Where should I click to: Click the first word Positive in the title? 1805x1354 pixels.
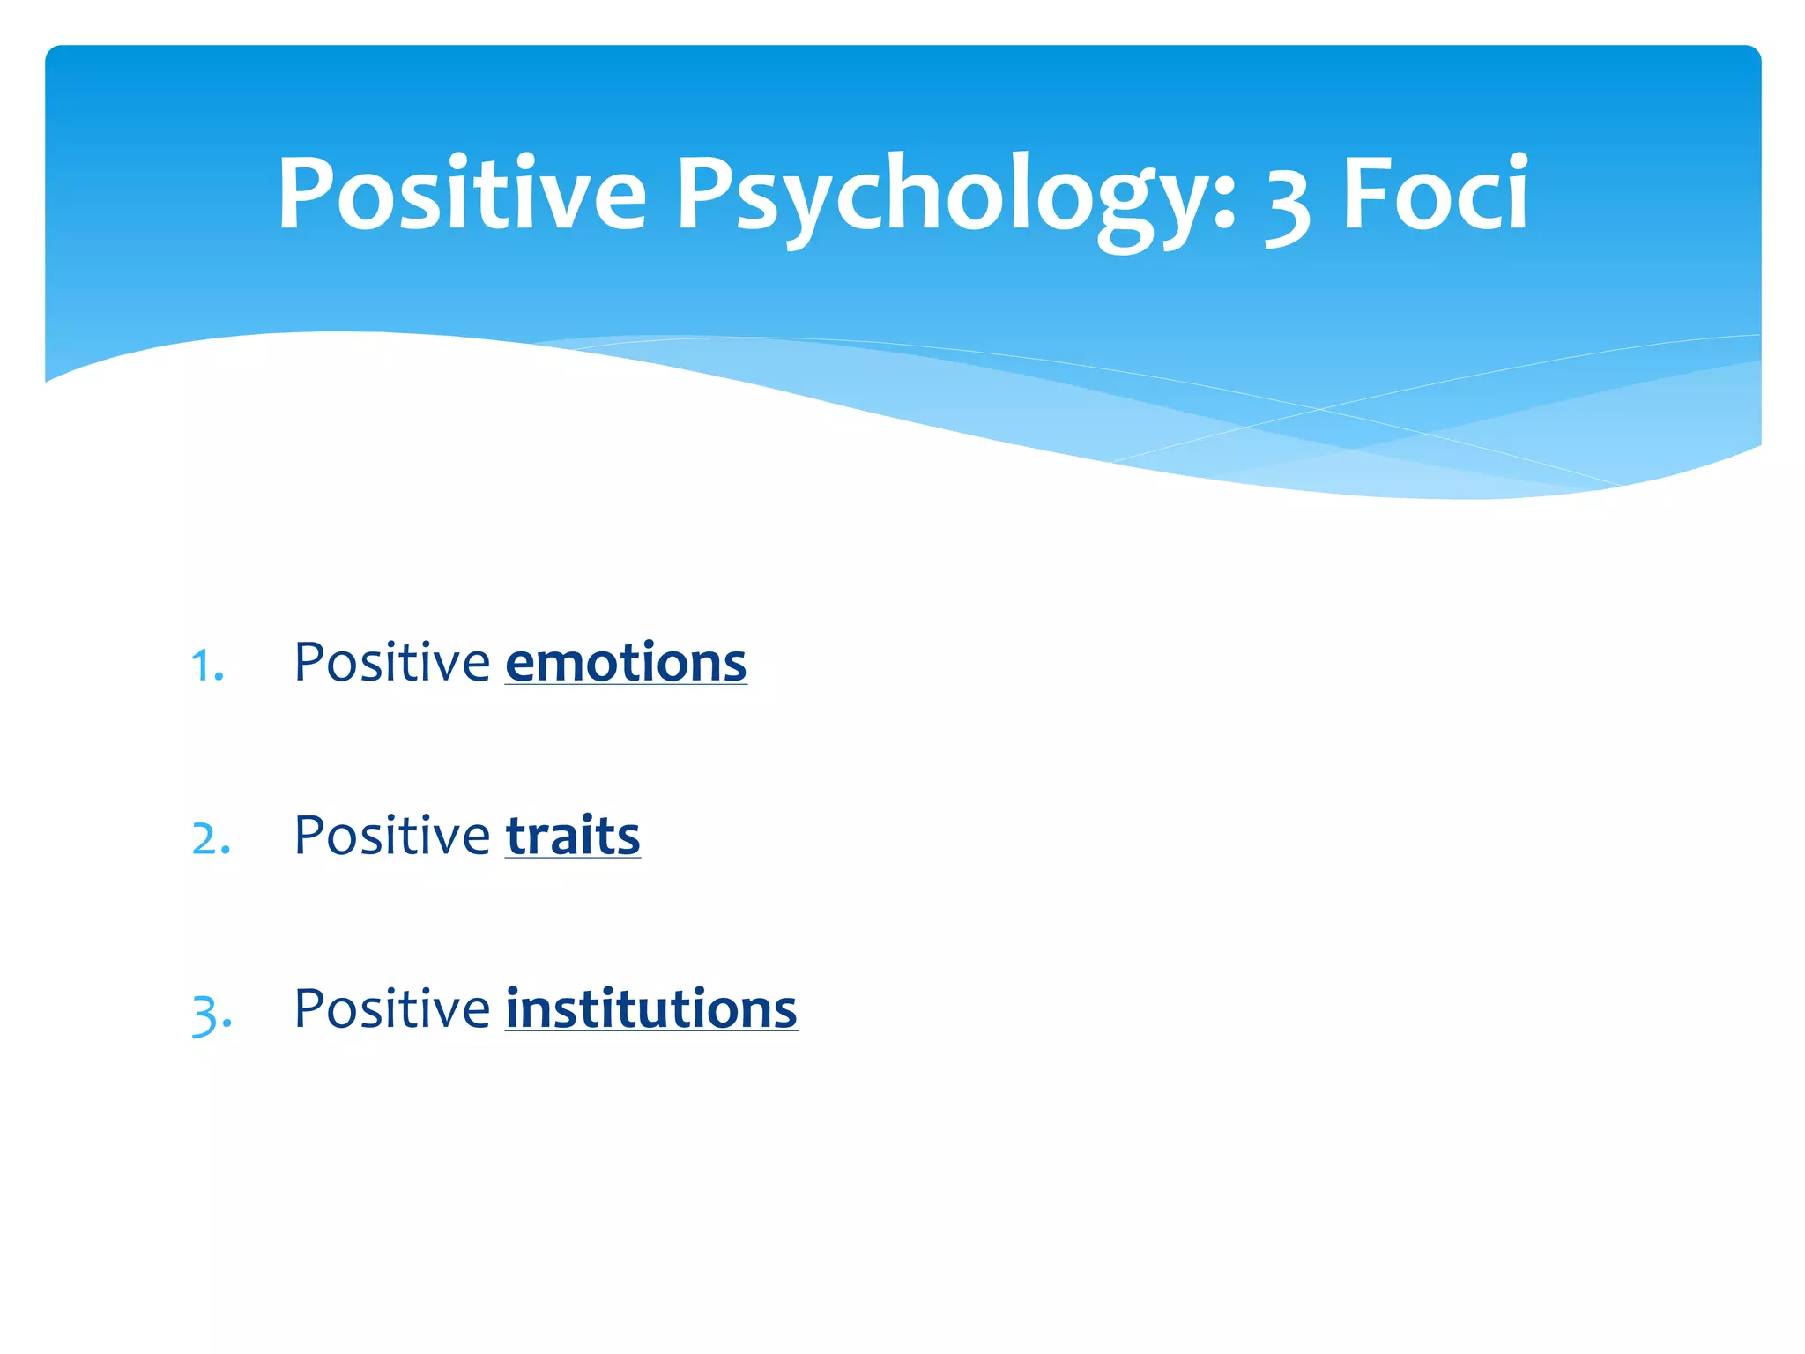tap(462, 194)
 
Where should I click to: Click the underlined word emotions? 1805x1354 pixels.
tap(626, 664)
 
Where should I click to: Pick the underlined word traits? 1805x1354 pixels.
tap(573, 837)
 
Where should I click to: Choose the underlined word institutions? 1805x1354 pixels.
tap(650, 1009)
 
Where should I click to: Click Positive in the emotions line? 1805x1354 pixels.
tap(391, 662)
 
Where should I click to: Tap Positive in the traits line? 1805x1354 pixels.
tap(391, 836)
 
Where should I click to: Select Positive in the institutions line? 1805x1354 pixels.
tap(391, 1008)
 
